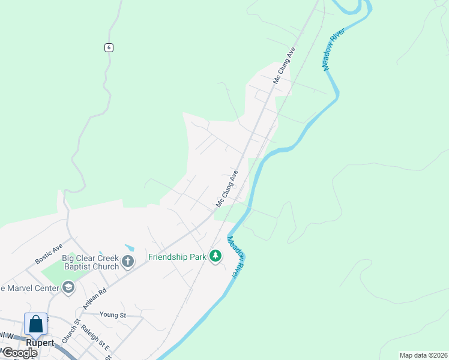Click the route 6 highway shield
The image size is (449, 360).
click(108, 48)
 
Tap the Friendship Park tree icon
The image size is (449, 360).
click(215, 257)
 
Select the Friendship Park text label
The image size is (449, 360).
click(178, 257)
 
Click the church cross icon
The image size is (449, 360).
click(127, 262)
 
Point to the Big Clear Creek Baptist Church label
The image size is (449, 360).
click(90, 262)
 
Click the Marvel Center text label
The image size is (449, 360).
click(30, 288)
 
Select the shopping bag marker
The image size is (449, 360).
click(36, 324)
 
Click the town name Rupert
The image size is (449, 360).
click(40, 343)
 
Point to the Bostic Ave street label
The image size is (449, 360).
click(49, 254)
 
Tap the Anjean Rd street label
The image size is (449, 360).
click(95, 298)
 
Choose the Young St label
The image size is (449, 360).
click(113, 314)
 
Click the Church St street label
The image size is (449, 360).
click(70, 331)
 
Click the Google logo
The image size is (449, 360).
click(20, 353)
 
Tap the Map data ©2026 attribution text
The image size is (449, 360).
click(423, 355)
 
